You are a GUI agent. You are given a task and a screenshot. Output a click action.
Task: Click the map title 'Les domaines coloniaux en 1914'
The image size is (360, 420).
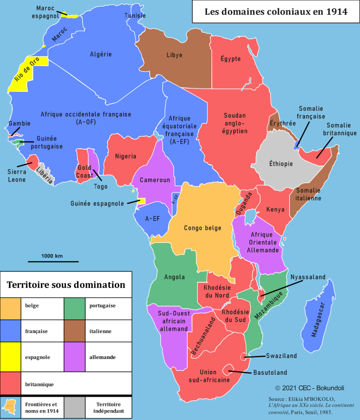[276, 12]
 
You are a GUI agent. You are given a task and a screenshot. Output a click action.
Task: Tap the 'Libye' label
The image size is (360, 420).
[174, 55]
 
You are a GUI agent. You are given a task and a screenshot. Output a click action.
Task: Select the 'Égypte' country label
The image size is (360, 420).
[230, 59]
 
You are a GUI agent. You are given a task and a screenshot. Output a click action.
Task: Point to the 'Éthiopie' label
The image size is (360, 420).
[281, 164]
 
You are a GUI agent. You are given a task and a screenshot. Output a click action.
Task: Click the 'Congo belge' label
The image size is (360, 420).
[203, 228]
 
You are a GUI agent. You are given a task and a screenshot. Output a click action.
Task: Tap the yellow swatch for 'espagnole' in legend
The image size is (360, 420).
[11, 357]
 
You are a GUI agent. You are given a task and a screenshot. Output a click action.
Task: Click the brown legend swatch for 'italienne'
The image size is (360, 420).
[75, 331]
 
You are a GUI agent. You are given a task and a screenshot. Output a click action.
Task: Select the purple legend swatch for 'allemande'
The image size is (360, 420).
[75, 357]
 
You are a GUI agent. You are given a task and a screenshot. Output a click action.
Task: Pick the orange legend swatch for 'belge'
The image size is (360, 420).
[11, 306]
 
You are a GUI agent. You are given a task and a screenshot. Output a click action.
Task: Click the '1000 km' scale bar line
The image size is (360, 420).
[53, 261]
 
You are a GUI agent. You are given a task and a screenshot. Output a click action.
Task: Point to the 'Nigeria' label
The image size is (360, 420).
[125, 156]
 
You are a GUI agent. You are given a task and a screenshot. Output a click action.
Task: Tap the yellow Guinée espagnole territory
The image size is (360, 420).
[141, 201]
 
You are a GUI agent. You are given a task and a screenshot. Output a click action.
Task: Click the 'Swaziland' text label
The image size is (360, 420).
[281, 356]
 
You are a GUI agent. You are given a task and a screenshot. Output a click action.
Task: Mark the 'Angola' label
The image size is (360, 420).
[174, 277]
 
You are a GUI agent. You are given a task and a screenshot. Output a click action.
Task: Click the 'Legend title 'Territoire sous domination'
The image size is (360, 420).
[66, 285]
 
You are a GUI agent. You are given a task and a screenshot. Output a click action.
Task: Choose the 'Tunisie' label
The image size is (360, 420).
[135, 16]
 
